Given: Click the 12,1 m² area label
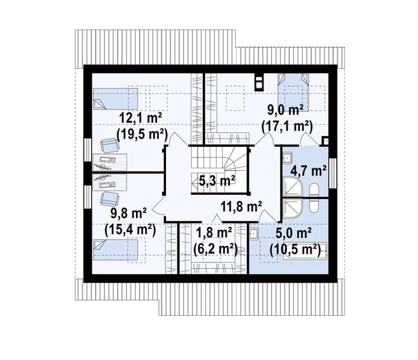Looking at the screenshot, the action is point(141,118).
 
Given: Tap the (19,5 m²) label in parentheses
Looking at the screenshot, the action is point(142,134).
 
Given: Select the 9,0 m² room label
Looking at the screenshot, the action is point(286,110).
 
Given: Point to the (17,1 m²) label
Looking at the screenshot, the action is point(287,127).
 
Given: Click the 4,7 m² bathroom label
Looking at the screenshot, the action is point(308,171).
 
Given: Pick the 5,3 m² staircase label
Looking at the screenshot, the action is point(217,181).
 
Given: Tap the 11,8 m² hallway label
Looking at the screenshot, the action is point(241,206).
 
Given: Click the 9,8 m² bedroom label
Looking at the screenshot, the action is point(129,214).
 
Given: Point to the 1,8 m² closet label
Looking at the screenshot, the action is point(213,233).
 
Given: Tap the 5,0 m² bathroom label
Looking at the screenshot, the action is point(293,233).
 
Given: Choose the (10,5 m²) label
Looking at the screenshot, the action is point(295,250).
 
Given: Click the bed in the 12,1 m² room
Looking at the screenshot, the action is point(115,99).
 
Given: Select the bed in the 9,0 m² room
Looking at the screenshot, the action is point(293,92).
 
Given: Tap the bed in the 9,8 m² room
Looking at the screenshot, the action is point(115,250).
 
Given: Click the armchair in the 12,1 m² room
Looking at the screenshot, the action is point(110,145).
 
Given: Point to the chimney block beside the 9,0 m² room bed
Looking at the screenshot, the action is point(258,82).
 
